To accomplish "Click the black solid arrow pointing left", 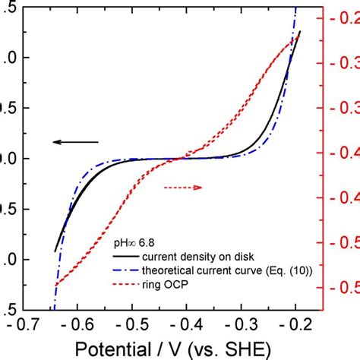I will (75, 142).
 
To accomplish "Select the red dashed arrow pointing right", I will (183, 187).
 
